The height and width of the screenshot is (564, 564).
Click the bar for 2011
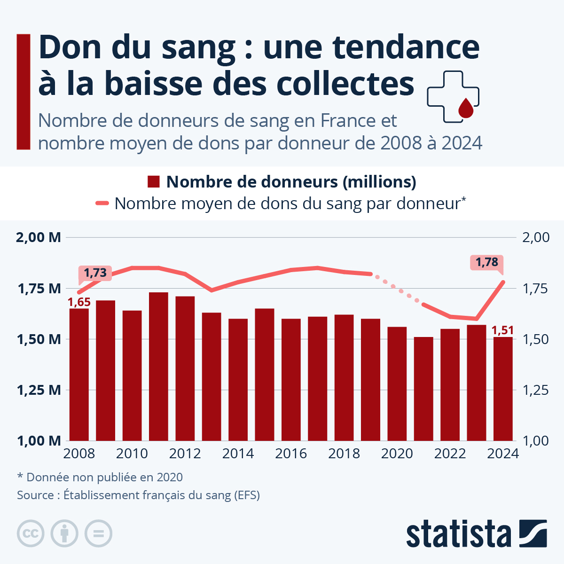158,366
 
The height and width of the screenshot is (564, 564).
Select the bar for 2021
423,389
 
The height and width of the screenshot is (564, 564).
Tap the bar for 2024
503,389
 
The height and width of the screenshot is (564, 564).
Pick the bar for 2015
265,374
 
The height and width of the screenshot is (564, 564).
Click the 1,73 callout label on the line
95,273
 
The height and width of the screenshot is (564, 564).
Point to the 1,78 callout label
487,262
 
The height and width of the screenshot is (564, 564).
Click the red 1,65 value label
79,302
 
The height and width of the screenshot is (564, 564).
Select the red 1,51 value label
502,330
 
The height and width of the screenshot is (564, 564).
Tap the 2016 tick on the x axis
291,454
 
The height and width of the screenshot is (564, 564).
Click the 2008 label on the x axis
79,454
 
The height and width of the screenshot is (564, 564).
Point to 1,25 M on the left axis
39,390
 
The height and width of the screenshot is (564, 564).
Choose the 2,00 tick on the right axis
536,237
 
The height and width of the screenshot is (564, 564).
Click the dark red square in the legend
154,182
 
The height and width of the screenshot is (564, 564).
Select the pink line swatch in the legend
102,204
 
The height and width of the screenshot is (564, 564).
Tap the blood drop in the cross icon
465,108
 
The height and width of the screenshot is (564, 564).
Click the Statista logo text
459,534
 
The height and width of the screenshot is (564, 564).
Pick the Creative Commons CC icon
31,534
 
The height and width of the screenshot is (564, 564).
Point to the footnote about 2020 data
100,477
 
